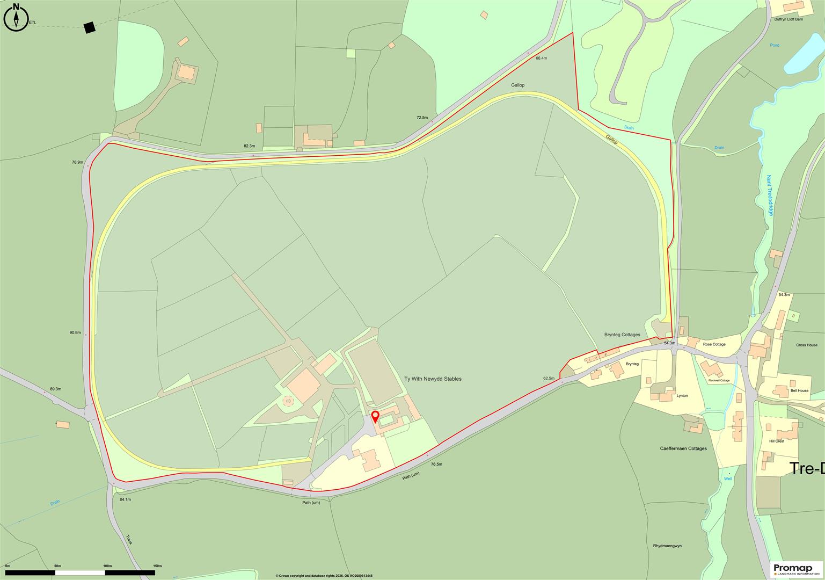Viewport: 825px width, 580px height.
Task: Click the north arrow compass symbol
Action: [x=16, y=16]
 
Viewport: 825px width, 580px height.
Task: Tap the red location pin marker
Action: [x=375, y=416]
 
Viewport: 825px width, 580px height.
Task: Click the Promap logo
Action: [x=797, y=569]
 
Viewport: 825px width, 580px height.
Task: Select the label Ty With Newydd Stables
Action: [x=433, y=379]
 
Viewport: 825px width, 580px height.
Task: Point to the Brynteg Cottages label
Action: [x=622, y=335]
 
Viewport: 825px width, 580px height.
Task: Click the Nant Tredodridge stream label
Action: [x=770, y=195]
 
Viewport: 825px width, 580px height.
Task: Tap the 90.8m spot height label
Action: [x=75, y=332]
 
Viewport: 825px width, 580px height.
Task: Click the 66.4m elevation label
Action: [x=541, y=58]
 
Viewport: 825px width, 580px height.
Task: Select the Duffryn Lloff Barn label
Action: [x=789, y=19]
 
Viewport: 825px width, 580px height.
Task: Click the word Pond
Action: [x=774, y=45]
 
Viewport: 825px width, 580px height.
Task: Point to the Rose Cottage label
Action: [x=714, y=344]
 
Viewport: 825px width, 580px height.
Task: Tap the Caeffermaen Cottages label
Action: [x=683, y=448]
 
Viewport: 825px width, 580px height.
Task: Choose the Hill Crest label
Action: [x=777, y=441]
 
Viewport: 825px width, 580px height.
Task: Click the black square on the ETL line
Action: [x=89, y=28]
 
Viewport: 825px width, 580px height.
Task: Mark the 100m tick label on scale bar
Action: [x=107, y=566]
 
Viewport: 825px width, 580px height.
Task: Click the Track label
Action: [x=129, y=539]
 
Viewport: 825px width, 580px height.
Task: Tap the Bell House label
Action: [x=799, y=391]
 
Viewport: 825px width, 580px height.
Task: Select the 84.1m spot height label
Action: [x=125, y=499]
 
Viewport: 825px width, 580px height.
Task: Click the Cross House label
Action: [x=807, y=345]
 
